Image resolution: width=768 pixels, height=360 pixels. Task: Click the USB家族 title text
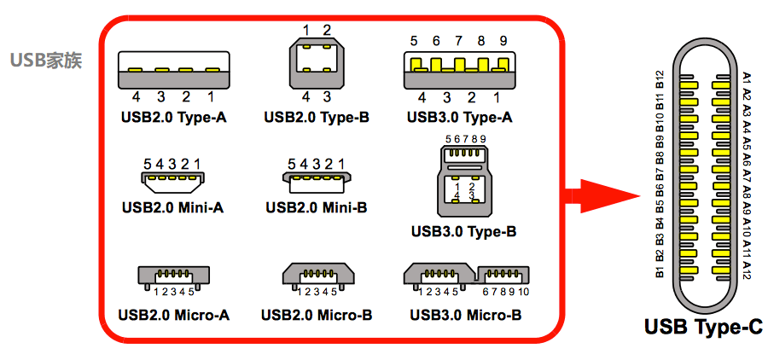(46, 61)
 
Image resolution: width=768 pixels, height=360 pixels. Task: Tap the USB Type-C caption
(704, 327)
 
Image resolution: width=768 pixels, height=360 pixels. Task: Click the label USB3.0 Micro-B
(465, 315)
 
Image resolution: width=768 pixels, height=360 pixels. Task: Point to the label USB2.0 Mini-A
(173, 206)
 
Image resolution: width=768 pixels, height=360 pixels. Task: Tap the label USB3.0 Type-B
(463, 230)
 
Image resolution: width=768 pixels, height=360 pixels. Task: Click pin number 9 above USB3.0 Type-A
(503, 40)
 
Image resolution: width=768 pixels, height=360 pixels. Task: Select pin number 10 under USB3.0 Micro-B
(523, 292)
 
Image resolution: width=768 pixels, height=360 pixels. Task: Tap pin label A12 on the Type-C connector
(748, 270)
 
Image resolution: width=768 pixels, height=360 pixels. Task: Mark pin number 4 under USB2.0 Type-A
(136, 96)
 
